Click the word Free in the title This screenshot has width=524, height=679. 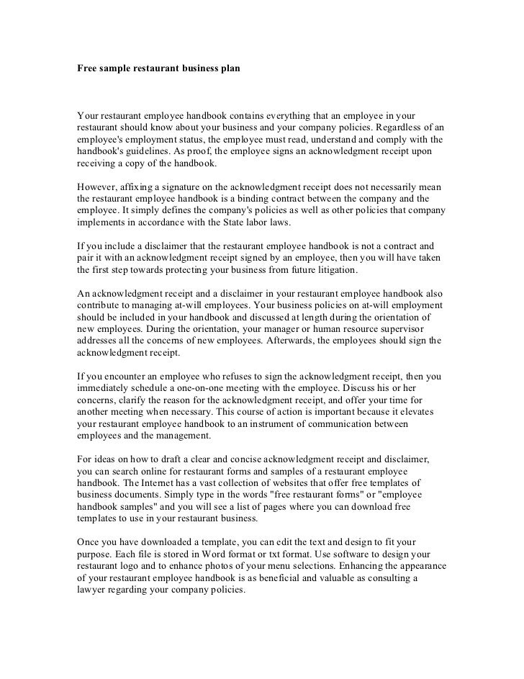point(88,71)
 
